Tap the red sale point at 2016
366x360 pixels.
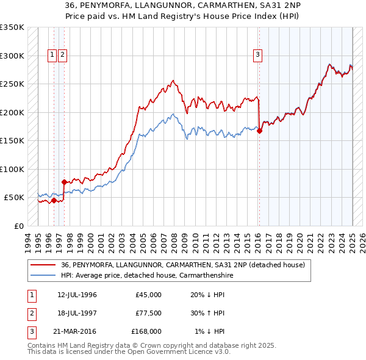click(259, 131)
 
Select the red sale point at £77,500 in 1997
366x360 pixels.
click(64, 181)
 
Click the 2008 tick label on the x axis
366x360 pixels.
click(174, 241)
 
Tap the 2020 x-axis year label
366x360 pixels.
click(300, 241)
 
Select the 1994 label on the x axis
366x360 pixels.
click(27, 241)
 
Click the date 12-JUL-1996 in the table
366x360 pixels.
click(77, 295)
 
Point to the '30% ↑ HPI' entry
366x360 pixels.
click(207, 313)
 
